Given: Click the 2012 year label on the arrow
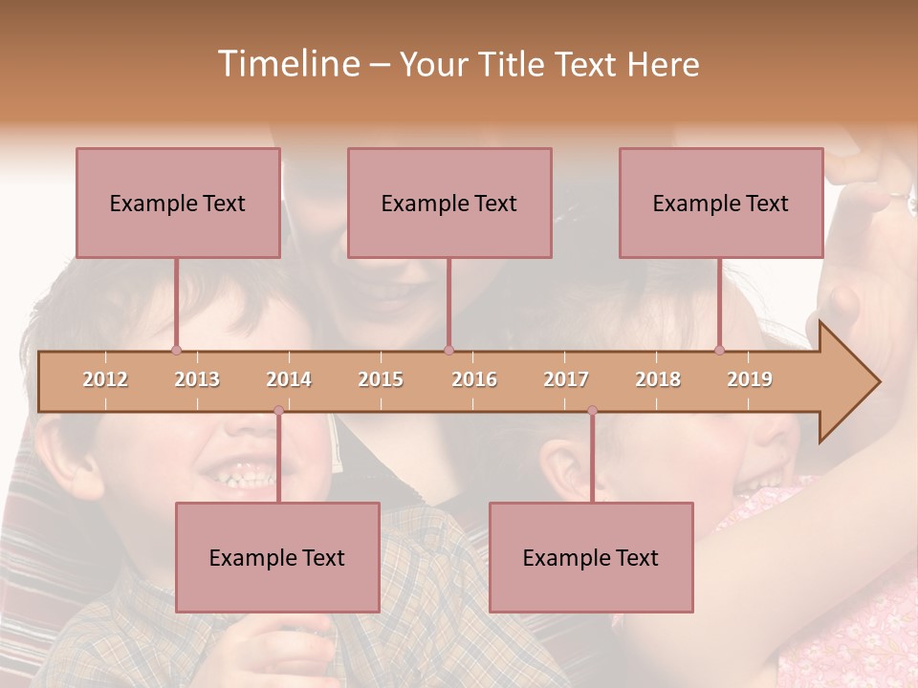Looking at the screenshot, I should (105, 379).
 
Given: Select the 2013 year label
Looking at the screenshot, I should (197, 379).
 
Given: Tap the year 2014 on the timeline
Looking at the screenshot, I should (289, 379).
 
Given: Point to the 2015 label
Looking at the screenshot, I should (381, 379).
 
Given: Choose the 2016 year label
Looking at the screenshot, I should (474, 379).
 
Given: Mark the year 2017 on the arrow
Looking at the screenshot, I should (566, 379).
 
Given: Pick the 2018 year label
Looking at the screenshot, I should (658, 379).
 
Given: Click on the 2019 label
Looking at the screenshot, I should (750, 379).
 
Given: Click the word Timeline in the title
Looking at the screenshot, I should (287, 64).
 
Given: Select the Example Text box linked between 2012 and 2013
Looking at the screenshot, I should (178, 203).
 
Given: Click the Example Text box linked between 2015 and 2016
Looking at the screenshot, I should (449, 203).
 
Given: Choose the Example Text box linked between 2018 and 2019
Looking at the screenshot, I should (721, 203).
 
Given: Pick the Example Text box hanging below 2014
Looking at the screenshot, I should (277, 557).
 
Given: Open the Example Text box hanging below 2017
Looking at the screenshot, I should (591, 557).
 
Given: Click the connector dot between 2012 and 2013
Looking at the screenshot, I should (176, 350).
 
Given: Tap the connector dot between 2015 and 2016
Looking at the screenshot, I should (449, 350).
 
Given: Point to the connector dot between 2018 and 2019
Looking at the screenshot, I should (720, 350).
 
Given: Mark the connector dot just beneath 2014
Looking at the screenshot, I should (278, 411).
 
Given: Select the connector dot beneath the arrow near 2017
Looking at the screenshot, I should (592, 411).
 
